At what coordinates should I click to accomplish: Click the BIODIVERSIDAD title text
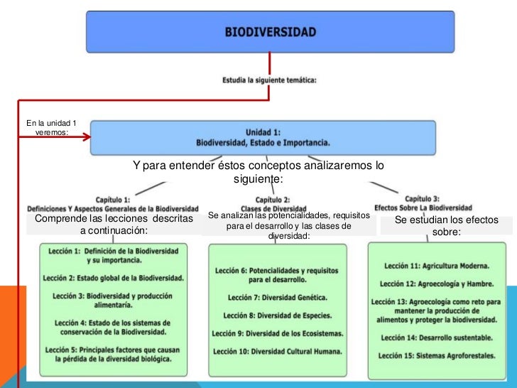(271, 32)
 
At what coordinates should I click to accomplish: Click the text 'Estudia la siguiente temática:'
(269, 80)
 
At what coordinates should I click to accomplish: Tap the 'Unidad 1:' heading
(263, 131)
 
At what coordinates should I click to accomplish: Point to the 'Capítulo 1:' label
(112, 200)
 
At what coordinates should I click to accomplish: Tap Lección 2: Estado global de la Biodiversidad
(113, 277)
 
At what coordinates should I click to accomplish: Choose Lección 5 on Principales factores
(113, 354)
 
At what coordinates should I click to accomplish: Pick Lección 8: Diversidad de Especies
(277, 315)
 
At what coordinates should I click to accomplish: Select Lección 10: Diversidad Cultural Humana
(277, 351)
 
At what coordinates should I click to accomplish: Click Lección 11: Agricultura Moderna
(436, 265)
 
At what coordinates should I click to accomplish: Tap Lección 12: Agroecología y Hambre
(436, 283)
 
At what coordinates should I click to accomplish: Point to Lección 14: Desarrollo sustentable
(436, 338)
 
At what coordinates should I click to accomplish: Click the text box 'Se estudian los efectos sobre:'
(446, 226)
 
